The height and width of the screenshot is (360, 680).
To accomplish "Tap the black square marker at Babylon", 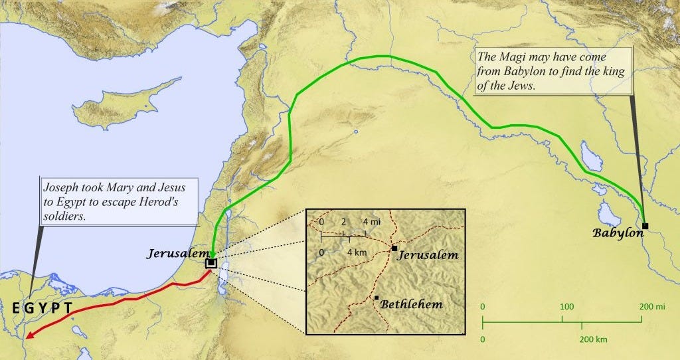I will (645, 226).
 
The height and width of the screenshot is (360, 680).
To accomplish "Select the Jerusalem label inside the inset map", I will (428, 255).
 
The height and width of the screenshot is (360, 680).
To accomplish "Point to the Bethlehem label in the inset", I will (412, 304).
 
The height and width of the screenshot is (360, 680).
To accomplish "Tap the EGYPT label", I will (42, 308).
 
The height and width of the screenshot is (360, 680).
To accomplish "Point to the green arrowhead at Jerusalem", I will (211, 254).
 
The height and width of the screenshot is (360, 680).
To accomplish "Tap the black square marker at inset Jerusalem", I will (394, 248).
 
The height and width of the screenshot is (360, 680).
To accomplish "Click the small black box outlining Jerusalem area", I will (211, 263).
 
